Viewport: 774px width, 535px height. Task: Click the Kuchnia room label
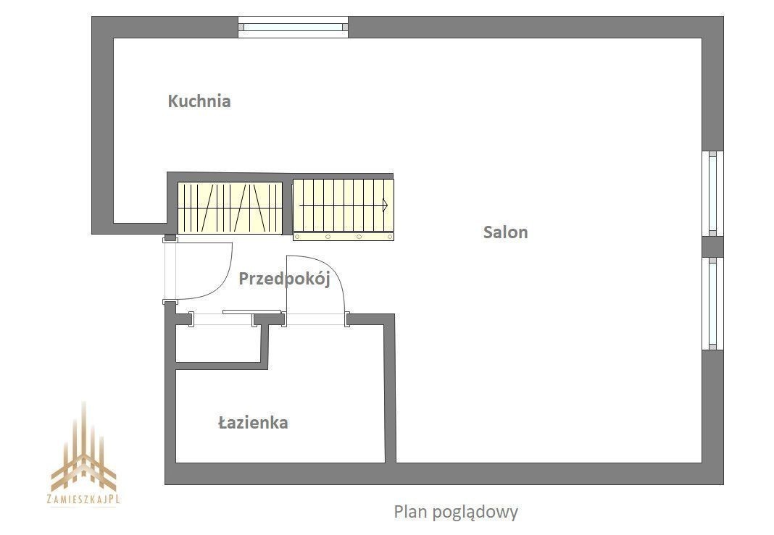[199, 101]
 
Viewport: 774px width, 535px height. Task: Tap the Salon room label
[505, 232]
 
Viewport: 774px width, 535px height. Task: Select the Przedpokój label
[284, 279]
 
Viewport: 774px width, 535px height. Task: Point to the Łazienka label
[253, 423]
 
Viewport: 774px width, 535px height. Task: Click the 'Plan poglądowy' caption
[456, 512]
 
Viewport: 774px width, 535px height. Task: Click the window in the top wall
[294, 27]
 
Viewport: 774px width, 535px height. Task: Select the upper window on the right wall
[713, 193]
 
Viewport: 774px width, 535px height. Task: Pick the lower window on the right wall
[713, 303]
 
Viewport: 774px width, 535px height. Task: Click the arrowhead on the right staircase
[385, 204]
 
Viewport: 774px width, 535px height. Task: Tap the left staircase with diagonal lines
[230, 208]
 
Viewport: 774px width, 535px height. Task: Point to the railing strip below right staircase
[344, 237]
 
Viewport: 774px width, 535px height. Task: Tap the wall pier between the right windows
[713, 247]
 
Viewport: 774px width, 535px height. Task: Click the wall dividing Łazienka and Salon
[390, 389]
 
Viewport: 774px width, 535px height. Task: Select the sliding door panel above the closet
[251, 311]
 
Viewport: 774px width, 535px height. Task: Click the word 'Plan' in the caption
[409, 511]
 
